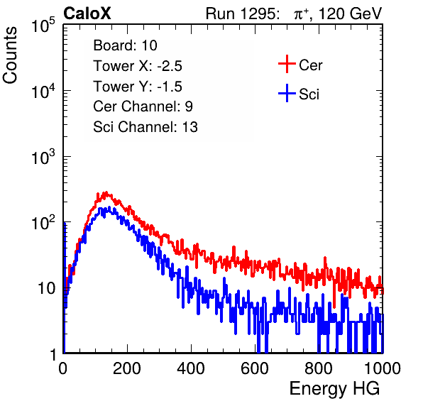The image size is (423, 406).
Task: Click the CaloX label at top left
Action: pos(87,13)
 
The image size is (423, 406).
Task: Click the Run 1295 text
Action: pos(242,13)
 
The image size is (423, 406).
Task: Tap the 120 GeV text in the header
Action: pos(350,13)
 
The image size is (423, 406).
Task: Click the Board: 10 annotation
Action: pos(125,45)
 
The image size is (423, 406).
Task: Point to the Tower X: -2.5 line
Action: pos(138,65)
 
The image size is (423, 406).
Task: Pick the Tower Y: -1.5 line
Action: pos(138,86)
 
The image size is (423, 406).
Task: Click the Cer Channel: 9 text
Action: pos(143,106)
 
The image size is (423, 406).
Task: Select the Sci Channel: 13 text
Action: pos(145,127)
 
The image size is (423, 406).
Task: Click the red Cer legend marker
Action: pos(287,64)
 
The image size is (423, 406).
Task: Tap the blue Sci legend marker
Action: pos(287,94)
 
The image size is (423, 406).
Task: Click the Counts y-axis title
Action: pos(10,55)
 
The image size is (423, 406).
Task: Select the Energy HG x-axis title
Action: pos(334,388)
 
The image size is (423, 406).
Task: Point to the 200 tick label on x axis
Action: pos(127,368)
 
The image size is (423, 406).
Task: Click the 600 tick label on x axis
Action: pos(255,368)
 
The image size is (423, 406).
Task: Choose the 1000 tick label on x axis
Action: pos(383,368)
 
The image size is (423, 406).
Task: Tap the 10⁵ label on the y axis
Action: pos(43,25)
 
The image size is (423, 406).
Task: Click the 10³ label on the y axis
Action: pos(43,156)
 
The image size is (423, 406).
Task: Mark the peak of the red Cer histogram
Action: pos(106,192)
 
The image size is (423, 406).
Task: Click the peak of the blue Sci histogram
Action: pos(109,207)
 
